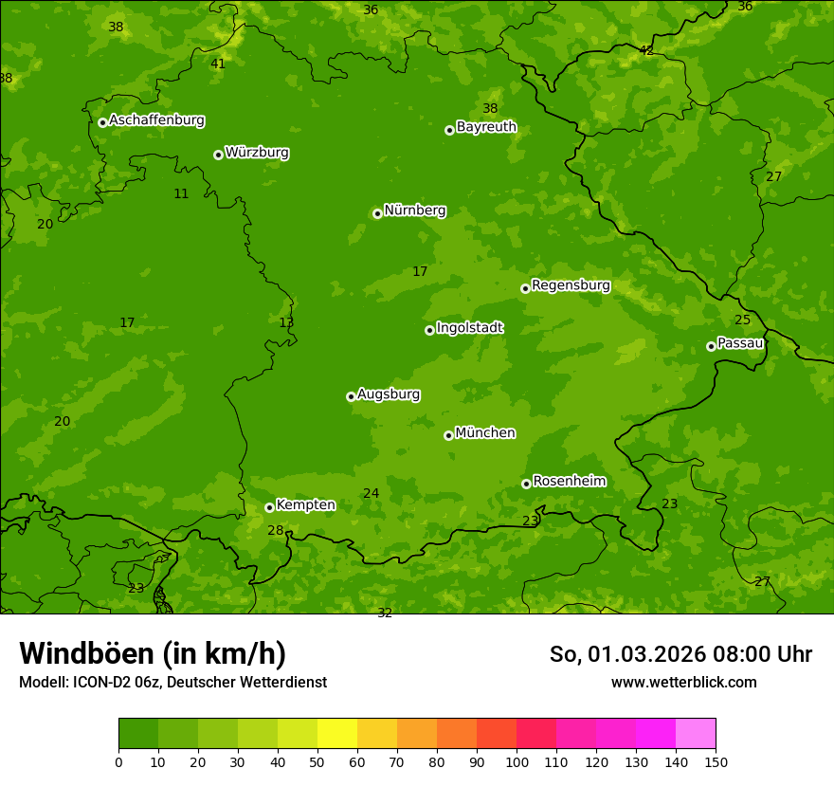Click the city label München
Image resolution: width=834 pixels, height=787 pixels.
[485, 433]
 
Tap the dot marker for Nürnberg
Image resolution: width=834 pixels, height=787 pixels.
[377, 213]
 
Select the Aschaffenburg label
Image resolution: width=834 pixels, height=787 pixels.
[156, 120]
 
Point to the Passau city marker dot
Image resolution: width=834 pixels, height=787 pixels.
[711, 346]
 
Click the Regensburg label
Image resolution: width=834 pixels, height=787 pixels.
[571, 285]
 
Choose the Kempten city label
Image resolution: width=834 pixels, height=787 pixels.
[305, 505]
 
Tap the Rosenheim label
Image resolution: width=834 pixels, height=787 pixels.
[569, 482]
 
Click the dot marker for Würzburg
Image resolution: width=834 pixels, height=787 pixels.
[218, 155]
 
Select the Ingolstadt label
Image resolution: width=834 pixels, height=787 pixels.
[469, 328]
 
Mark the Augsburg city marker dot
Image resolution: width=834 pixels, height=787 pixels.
[351, 396]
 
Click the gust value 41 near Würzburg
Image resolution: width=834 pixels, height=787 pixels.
[218, 64]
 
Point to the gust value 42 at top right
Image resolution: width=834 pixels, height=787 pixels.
[646, 50]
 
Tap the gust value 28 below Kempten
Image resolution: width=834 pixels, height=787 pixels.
[275, 531]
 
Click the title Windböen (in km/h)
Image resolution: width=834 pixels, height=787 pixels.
[153, 653]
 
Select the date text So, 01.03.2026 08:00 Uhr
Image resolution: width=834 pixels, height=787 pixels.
[680, 654]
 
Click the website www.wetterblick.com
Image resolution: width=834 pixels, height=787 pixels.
[683, 683]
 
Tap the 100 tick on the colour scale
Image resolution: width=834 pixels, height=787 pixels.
[517, 761]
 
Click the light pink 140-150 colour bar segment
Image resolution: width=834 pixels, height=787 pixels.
[696, 733]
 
